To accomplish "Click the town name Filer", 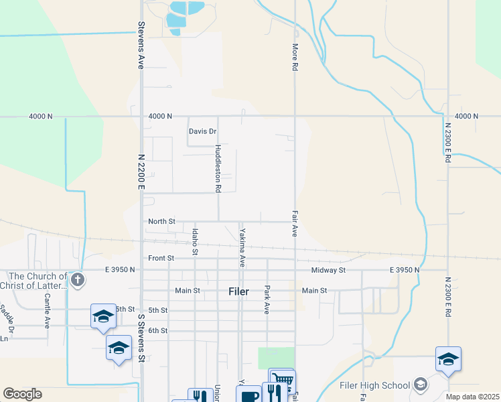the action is tap(238, 291).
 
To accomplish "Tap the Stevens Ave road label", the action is tap(141, 45).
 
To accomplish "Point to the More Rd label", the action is tap(294, 58).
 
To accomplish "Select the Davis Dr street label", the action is tap(203, 131).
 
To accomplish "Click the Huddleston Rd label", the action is tap(218, 168).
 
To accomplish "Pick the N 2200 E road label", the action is tap(141, 171).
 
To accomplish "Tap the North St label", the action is tap(161, 221).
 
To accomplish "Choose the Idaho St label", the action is tap(195, 241).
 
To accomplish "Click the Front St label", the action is tap(161, 258).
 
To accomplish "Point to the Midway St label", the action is tap(328, 270).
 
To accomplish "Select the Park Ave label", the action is tap(267, 299).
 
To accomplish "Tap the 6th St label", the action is tap(158, 330).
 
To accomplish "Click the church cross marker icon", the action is tap(78, 279).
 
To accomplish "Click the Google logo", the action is tap(22, 394).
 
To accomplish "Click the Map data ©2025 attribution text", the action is tap(472, 397).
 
